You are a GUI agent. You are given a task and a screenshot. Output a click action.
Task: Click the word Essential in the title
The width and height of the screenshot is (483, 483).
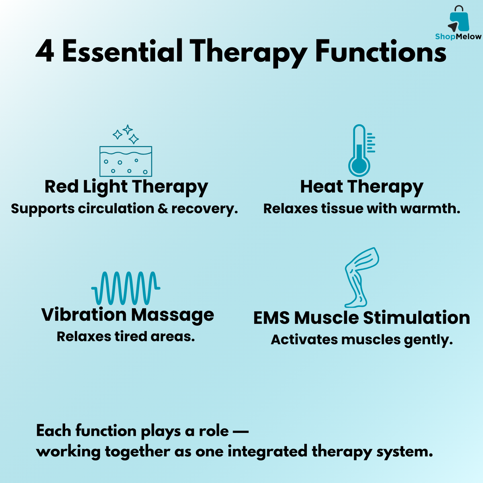122,51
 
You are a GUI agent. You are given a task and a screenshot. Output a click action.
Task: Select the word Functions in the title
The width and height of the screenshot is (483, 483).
380,51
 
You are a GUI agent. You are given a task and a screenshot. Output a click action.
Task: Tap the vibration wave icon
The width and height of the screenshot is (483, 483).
126,288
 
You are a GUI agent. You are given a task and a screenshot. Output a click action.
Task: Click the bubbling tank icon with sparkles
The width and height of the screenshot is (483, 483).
126,151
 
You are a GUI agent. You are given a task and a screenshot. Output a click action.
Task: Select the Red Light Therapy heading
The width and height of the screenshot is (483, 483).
126,187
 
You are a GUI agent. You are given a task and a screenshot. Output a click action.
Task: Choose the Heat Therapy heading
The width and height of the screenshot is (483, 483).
362,187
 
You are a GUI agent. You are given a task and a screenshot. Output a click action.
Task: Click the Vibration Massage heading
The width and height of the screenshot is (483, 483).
128,315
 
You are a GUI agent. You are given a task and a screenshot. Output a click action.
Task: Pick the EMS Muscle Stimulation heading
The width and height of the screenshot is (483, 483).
362,318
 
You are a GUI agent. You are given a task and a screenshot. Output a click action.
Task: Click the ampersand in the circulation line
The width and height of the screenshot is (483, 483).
163,209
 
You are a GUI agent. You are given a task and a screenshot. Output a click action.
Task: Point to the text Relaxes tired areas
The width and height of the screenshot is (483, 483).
126,337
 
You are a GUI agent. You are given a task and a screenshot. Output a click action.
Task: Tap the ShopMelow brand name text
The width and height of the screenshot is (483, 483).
458,36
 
